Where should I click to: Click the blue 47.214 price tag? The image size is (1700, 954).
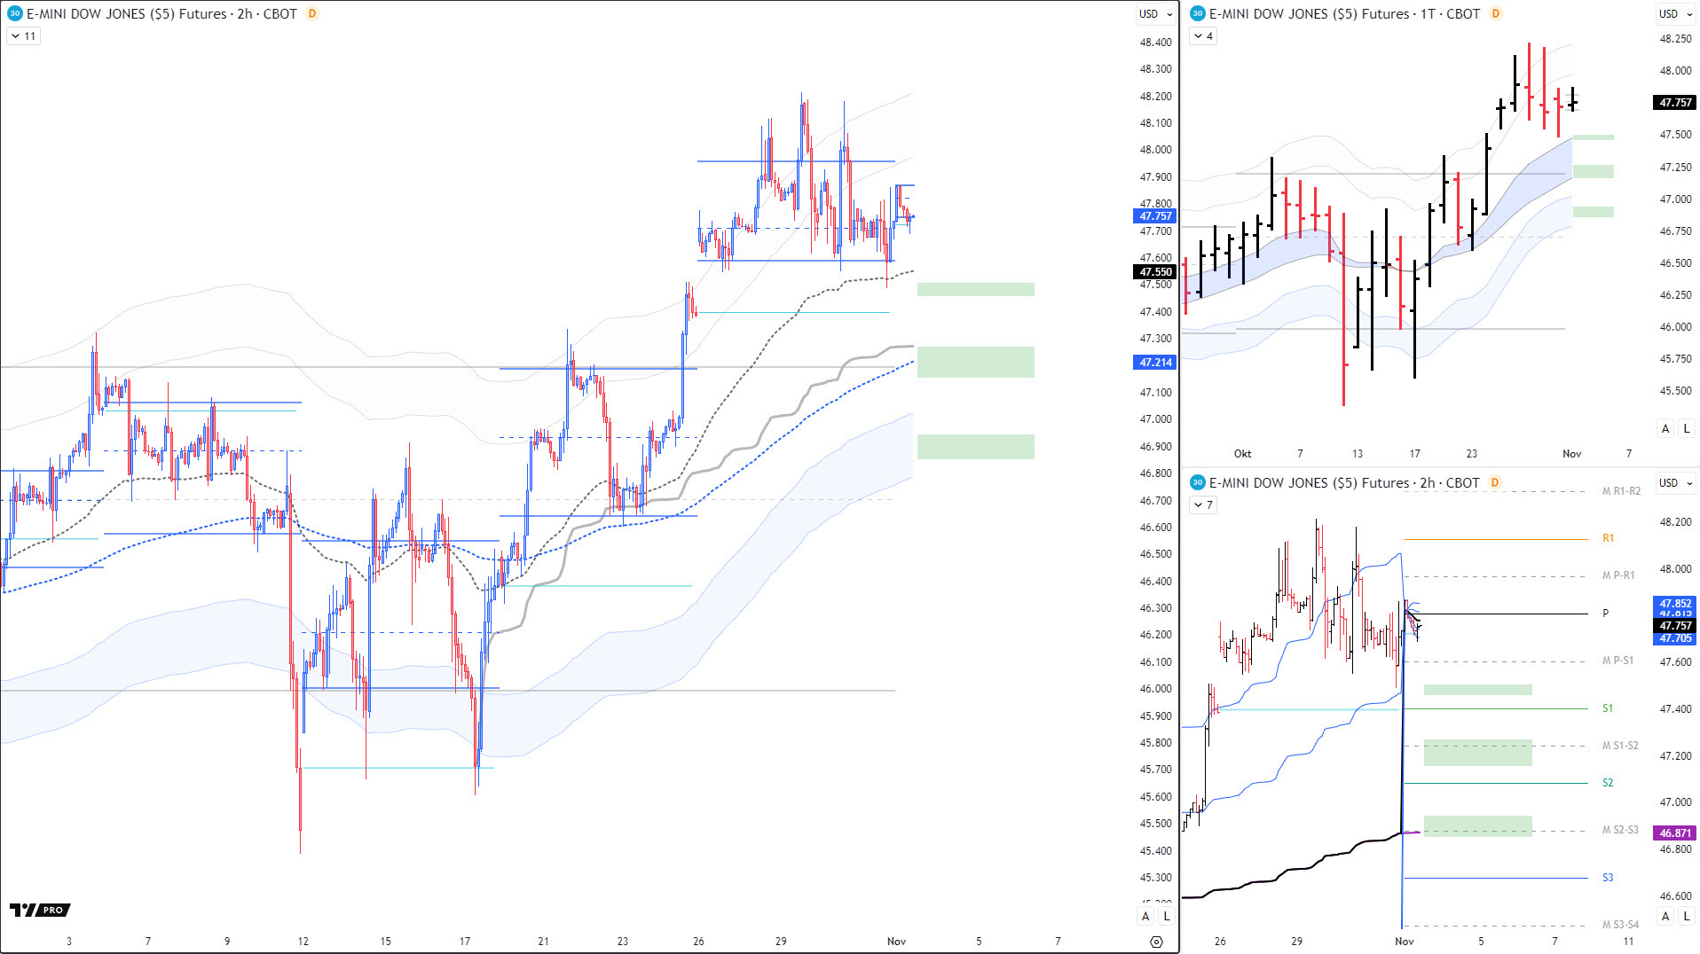click(x=1155, y=363)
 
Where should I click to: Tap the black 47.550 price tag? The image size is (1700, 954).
click(x=1155, y=272)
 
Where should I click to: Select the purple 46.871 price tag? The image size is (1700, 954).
click(x=1675, y=833)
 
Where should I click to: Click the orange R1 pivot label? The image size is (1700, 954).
click(x=1608, y=538)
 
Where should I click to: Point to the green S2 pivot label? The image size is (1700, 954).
click(x=1608, y=783)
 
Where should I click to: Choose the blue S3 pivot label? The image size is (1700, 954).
click(x=1608, y=878)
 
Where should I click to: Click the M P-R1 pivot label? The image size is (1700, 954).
click(x=1618, y=575)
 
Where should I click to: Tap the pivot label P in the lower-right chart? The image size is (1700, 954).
click(x=1605, y=614)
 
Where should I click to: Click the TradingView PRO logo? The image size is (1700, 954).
click(x=40, y=910)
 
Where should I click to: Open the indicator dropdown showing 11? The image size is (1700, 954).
click(x=23, y=36)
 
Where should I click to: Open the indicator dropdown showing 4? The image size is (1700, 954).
click(x=1203, y=36)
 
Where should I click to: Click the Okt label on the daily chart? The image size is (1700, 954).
click(x=1242, y=454)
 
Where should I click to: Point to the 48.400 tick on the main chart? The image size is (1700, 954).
click(x=1155, y=43)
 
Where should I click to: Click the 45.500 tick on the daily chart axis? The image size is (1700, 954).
click(x=1675, y=391)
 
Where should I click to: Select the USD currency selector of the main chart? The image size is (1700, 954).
click(x=1155, y=14)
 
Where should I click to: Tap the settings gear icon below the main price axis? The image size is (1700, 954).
click(x=1155, y=942)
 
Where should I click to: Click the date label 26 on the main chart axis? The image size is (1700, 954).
click(x=698, y=942)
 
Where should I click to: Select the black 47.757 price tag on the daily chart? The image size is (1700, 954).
click(x=1675, y=103)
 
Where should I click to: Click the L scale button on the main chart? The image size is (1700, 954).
click(x=1166, y=916)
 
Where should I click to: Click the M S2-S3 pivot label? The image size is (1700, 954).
click(x=1620, y=830)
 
